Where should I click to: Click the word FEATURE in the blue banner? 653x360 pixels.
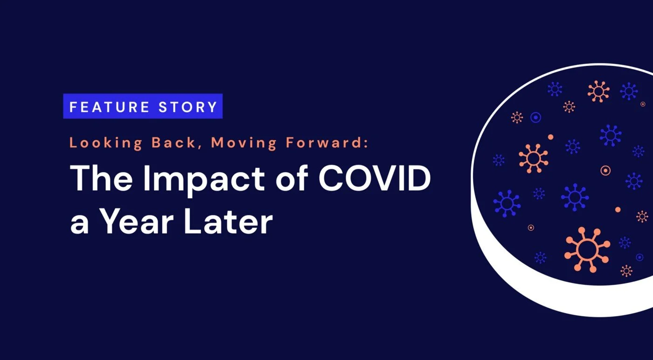click(109, 107)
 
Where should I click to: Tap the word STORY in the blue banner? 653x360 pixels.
click(188, 107)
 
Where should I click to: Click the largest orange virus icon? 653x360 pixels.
click(587, 249)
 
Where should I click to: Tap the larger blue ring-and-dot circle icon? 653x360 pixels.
click(535, 118)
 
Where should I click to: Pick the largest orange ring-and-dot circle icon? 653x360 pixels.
click(605, 171)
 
